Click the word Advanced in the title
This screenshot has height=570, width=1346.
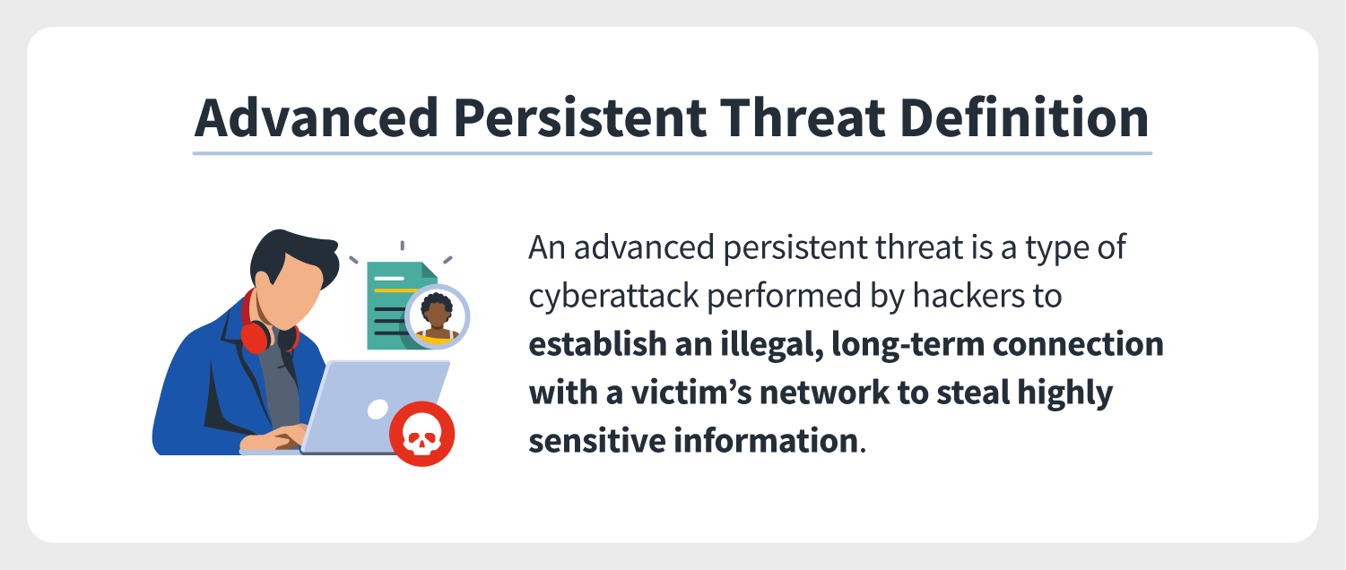(316, 117)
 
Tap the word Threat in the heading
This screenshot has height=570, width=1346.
(802, 117)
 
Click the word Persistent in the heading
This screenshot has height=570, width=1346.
(579, 117)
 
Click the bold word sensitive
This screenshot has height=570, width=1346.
(596, 441)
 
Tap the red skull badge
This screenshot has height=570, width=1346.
(421, 434)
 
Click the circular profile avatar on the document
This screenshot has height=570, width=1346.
(438, 317)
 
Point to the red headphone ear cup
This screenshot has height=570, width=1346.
(256, 338)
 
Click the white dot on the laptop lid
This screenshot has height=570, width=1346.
(378, 409)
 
